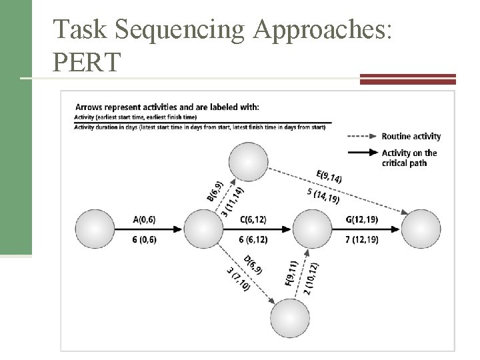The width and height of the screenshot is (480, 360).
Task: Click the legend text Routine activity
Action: [x=411, y=136]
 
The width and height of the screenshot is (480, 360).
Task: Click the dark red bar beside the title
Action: [x=407, y=78]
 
